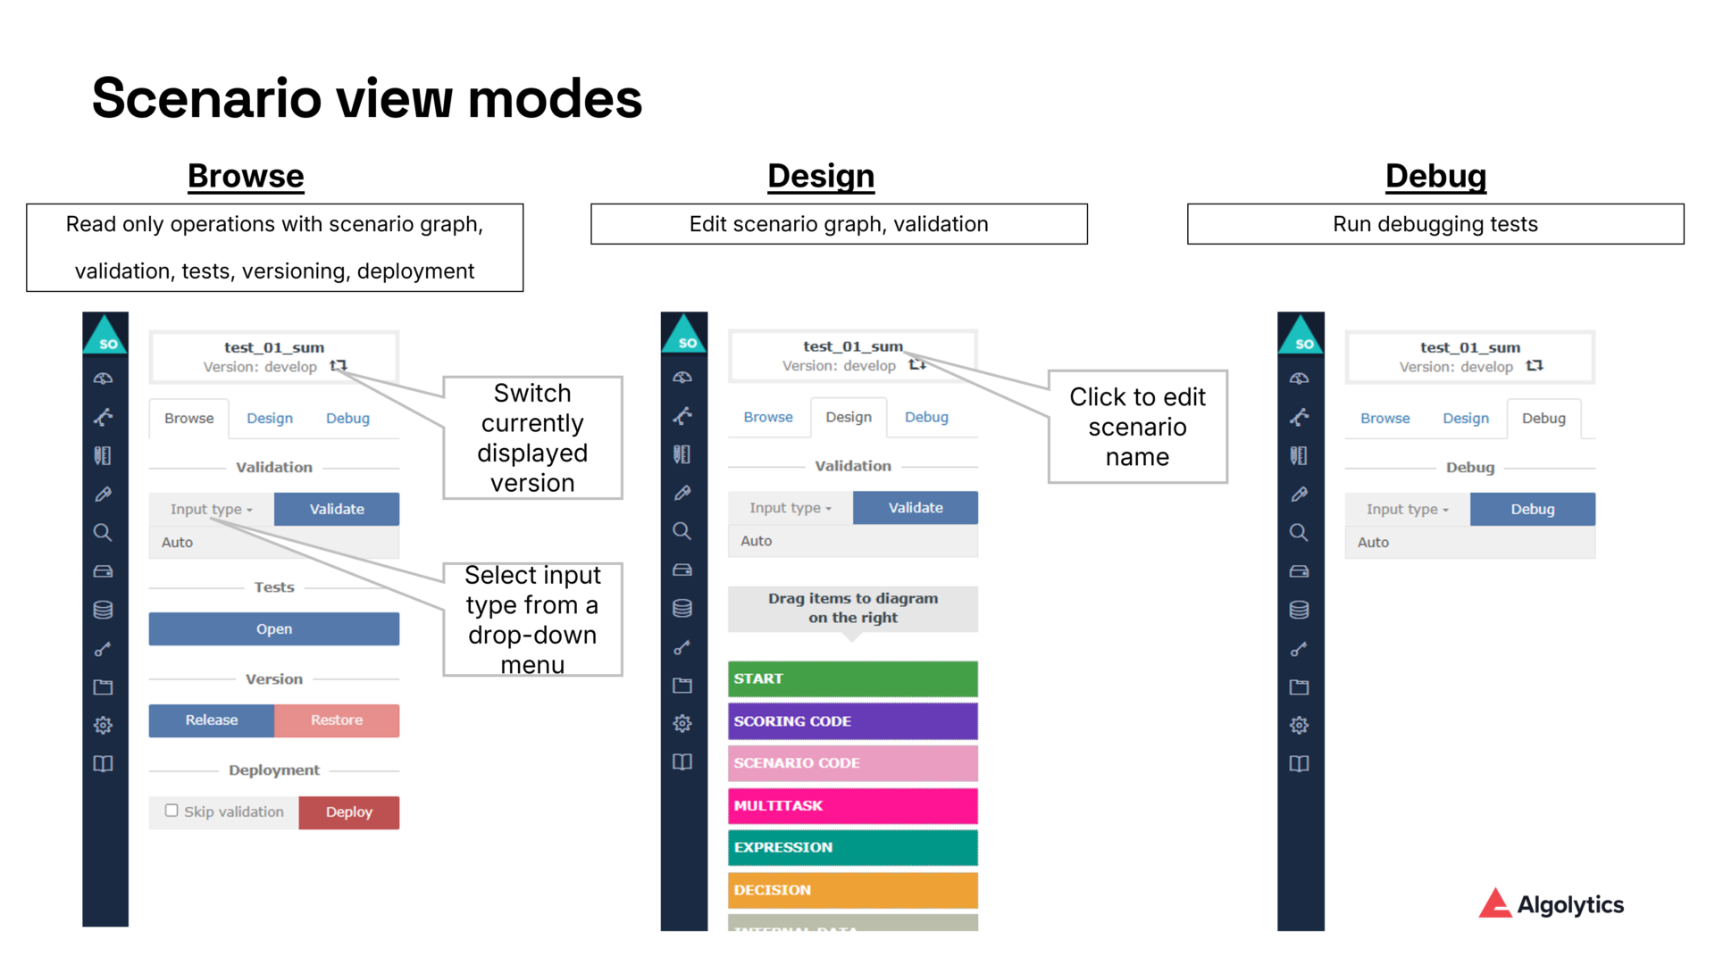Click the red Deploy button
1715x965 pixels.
pyautogui.click(x=348, y=812)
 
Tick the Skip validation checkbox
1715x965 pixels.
pyautogui.click(x=171, y=811)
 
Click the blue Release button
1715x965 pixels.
pyautogui.click(x=211, y=720)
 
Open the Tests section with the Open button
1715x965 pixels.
pyautogui.click(x=273, y=629)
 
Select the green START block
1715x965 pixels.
pyautogui.click(x=852, y=679)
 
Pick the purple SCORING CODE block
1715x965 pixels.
pyautogui.click(x=852, y=721)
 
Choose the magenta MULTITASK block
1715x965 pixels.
pyautogui.click(x=852, y=806)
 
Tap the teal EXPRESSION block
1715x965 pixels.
pyautogui.click(x=852, y=848)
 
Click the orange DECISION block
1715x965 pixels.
pyautogui.click(x=852, y=890)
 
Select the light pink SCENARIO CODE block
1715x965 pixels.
pyautogui.click(x=852, y=763)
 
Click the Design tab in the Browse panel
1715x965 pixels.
pyautogui.click(x=270, y=419)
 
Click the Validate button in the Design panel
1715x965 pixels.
pyautogui.click(x=915, y=508)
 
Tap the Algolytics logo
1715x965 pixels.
pyautogui.click(x=1551, y=904)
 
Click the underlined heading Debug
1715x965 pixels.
pyautogui.click(x=1435, y=176)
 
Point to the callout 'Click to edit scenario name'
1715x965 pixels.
pyautogui.click(x=1137, y=427)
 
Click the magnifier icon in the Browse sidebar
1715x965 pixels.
pyautogui.click(x=103, y=533)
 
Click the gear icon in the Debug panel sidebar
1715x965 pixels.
pyautogui.click(x=1299, y=725)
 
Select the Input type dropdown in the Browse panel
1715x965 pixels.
pyautogui.click(x=211, y=510)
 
